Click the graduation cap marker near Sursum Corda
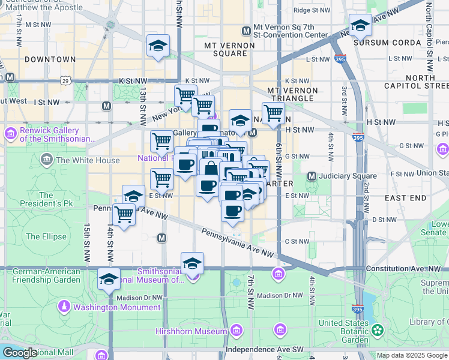[360, 25]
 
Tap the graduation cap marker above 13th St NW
[158, 46]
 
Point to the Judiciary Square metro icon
[312, 176]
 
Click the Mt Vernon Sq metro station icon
[246, 31]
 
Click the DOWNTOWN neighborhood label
[50, 59]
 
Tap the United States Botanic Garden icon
[378, 330]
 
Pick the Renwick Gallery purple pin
[10, 132]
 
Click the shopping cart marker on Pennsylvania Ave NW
[124, 214]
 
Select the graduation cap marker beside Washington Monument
[109, 279]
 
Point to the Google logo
[20, 353]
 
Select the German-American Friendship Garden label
[46, 275]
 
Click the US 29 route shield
[65, 80]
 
